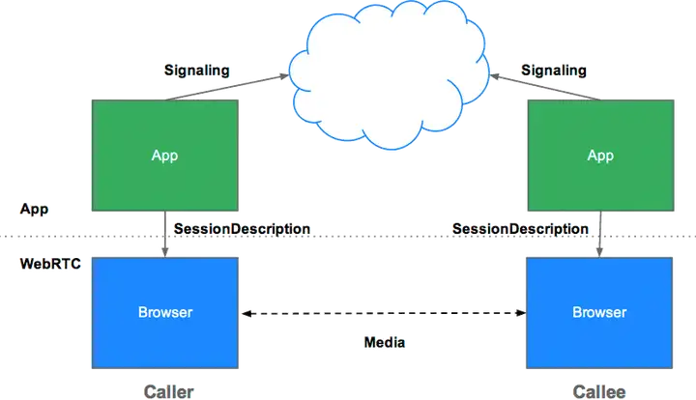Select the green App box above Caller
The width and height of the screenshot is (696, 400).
[164, 155]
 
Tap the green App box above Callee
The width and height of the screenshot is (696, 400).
[600, 155]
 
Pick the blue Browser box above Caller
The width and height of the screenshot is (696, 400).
[164, 312]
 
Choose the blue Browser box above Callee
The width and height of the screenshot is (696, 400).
[599, 312]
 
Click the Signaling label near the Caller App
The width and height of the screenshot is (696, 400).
[196, 71]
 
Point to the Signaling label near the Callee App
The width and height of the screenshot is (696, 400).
[553, 71]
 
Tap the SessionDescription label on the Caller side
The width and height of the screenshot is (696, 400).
[241, 229]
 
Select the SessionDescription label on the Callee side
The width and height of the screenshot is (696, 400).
[519, 229]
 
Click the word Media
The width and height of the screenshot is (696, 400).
[385, 342]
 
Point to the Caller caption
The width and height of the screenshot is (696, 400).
[168, 390]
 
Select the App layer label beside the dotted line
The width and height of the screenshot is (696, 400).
[34, 209]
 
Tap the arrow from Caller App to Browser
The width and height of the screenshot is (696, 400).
[166, 234]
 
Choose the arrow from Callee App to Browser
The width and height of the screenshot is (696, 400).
[600, 234]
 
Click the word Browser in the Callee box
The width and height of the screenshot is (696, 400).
[599, 312]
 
